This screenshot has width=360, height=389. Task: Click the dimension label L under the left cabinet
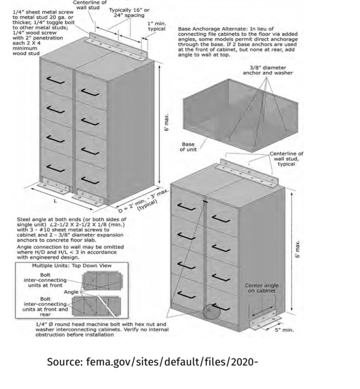[55, 201]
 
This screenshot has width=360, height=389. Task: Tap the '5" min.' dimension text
[284, 330]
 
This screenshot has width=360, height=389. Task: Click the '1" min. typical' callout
[157, 27]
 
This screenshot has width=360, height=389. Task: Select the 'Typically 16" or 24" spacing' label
[129, 13]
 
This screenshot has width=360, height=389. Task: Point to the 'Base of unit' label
[188, 147]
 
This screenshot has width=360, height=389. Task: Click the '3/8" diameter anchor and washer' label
[268, 70]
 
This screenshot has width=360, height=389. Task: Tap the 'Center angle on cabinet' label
[261, 288]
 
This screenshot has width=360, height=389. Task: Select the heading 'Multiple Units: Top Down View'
[72, 266]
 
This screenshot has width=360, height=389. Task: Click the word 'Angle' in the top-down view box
[71, 292]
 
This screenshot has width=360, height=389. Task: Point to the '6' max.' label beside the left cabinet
[167, 123]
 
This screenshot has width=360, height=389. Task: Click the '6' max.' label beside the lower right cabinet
[298, 249]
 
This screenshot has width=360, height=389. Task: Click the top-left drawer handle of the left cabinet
[55, 80]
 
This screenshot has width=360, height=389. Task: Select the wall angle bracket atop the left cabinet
[117, 47]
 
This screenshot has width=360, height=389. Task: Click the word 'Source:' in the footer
[65, 362]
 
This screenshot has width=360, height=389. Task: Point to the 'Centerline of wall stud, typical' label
[286, 159]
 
